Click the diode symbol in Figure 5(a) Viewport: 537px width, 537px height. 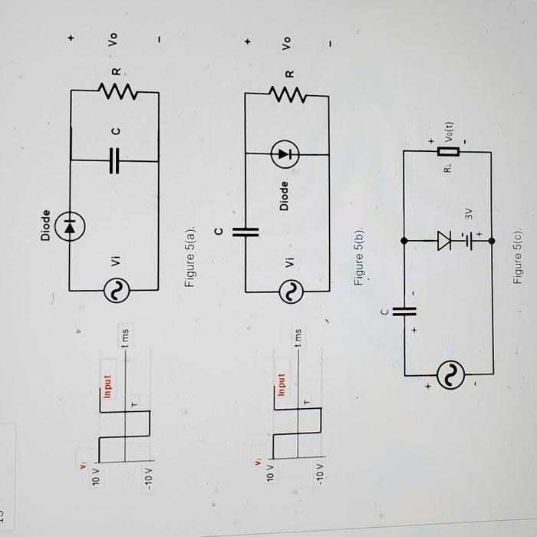[x=71, y=226]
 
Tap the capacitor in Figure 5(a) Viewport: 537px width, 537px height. [x=115, y=161]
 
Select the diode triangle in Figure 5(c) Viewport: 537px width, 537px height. [x=444, y=240]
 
